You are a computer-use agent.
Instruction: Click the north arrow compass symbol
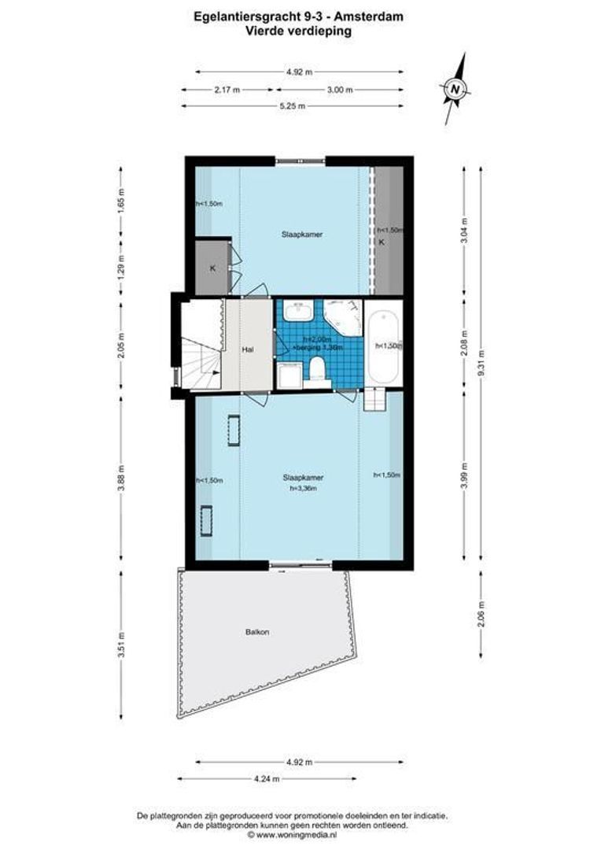[455, 88]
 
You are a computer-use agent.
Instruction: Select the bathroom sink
[299, 313]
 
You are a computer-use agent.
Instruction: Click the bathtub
[385, 346]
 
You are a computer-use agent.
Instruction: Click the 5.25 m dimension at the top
[293, 107]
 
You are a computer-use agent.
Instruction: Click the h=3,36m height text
[303, 488]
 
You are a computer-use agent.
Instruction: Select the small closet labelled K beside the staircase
[212, 268]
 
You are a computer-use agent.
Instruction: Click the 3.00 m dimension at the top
[339, 90]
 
